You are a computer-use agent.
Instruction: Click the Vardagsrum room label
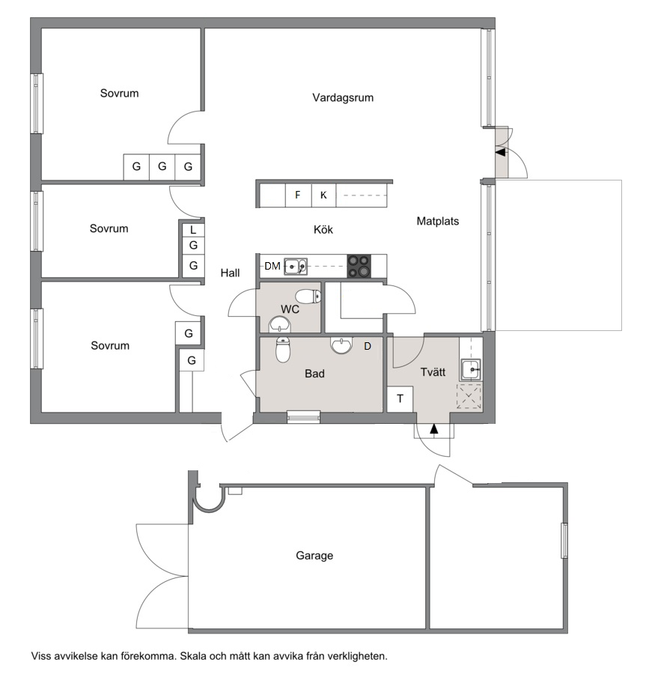tap(343, 97)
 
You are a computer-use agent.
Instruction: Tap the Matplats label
tap(438, 221)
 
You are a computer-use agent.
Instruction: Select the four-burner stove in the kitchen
tap(359, 266)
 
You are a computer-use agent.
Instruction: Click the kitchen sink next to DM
tap(296, 267)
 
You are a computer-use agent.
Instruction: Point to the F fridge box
tap(298, 195)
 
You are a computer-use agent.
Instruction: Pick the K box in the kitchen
tap(323, 195)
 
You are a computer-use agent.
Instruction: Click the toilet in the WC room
tap(308, 297)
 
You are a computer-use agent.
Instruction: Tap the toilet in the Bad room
tap(283, 349)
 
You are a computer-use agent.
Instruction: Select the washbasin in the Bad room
tap(341, 345)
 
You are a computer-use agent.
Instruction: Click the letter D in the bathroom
tap(368, 346)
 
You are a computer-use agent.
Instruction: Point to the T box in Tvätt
tap(400, 399)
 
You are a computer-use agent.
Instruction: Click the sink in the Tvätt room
tap(470, 370)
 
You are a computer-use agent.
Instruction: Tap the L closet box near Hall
tap(193, 230)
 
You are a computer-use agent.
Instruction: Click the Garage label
tap(314, 555)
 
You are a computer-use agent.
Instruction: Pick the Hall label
tap(230, 273)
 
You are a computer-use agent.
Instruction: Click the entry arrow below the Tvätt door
tap(434, 428)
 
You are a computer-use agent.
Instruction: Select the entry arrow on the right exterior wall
tap(500, 152)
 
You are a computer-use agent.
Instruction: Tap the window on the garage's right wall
tap(564, 540)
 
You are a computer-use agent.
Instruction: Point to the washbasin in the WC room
tap(280, 325)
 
